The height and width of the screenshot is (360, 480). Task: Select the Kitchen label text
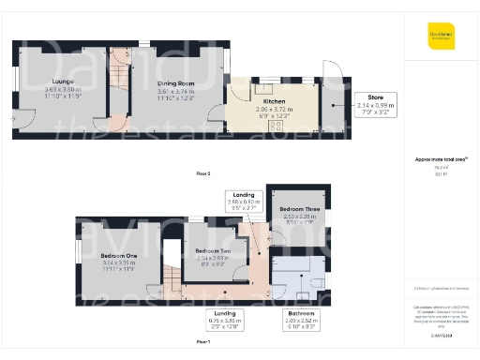point(275,100)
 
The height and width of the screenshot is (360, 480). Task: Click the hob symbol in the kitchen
point(276,125)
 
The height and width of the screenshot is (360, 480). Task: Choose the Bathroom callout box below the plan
point(302,320)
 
